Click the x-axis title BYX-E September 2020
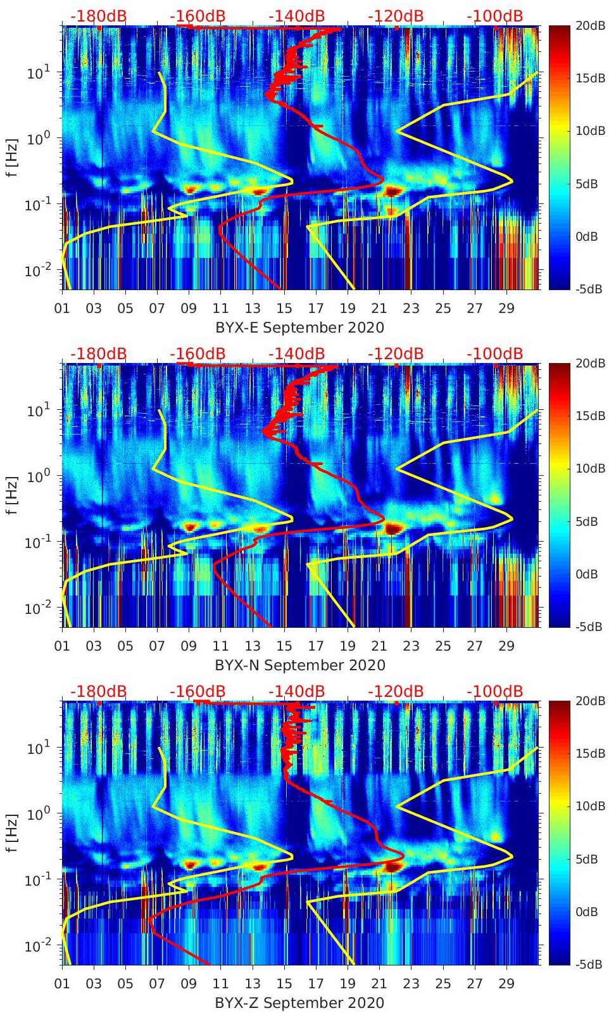[x=300, y=328]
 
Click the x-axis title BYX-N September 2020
[x=300, y=665]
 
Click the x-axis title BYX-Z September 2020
[x=300, y=1003]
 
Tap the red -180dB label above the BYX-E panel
[x=98, y=16]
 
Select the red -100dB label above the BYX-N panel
[x=495, y=354]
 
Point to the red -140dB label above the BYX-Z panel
[x=296, y=691]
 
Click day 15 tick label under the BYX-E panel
[x=284, y=309]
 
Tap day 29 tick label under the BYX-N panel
[x=506, y=647]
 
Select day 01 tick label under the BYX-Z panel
[x=62, y=984]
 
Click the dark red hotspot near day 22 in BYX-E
[x=393, y=191]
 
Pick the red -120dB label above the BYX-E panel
[x=396, y=16]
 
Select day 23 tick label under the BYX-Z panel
[x=411, y=984]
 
